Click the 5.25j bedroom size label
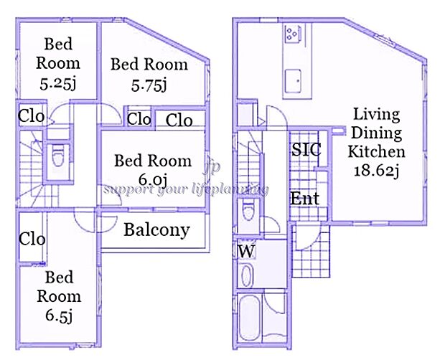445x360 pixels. coord(58,84)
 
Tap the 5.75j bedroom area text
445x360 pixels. coord(149,85)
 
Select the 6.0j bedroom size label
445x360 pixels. coord(153,179)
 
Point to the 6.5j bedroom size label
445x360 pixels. coord(59,316)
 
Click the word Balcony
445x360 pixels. coord(156,230)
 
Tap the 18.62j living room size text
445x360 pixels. coord(377,171)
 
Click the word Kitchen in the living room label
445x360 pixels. coord(376,151)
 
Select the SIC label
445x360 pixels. coord(306,149)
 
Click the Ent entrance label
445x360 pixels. coord(305,199)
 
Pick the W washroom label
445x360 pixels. coord(246,251)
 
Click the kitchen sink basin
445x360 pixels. coord(294,81)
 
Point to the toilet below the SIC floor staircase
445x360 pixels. coord(248,210)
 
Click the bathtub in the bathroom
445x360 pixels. coord(249,318)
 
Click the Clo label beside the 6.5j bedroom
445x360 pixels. coord(32,239)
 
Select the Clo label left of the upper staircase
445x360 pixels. coord(31,116)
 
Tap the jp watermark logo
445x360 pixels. coord(212,166)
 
